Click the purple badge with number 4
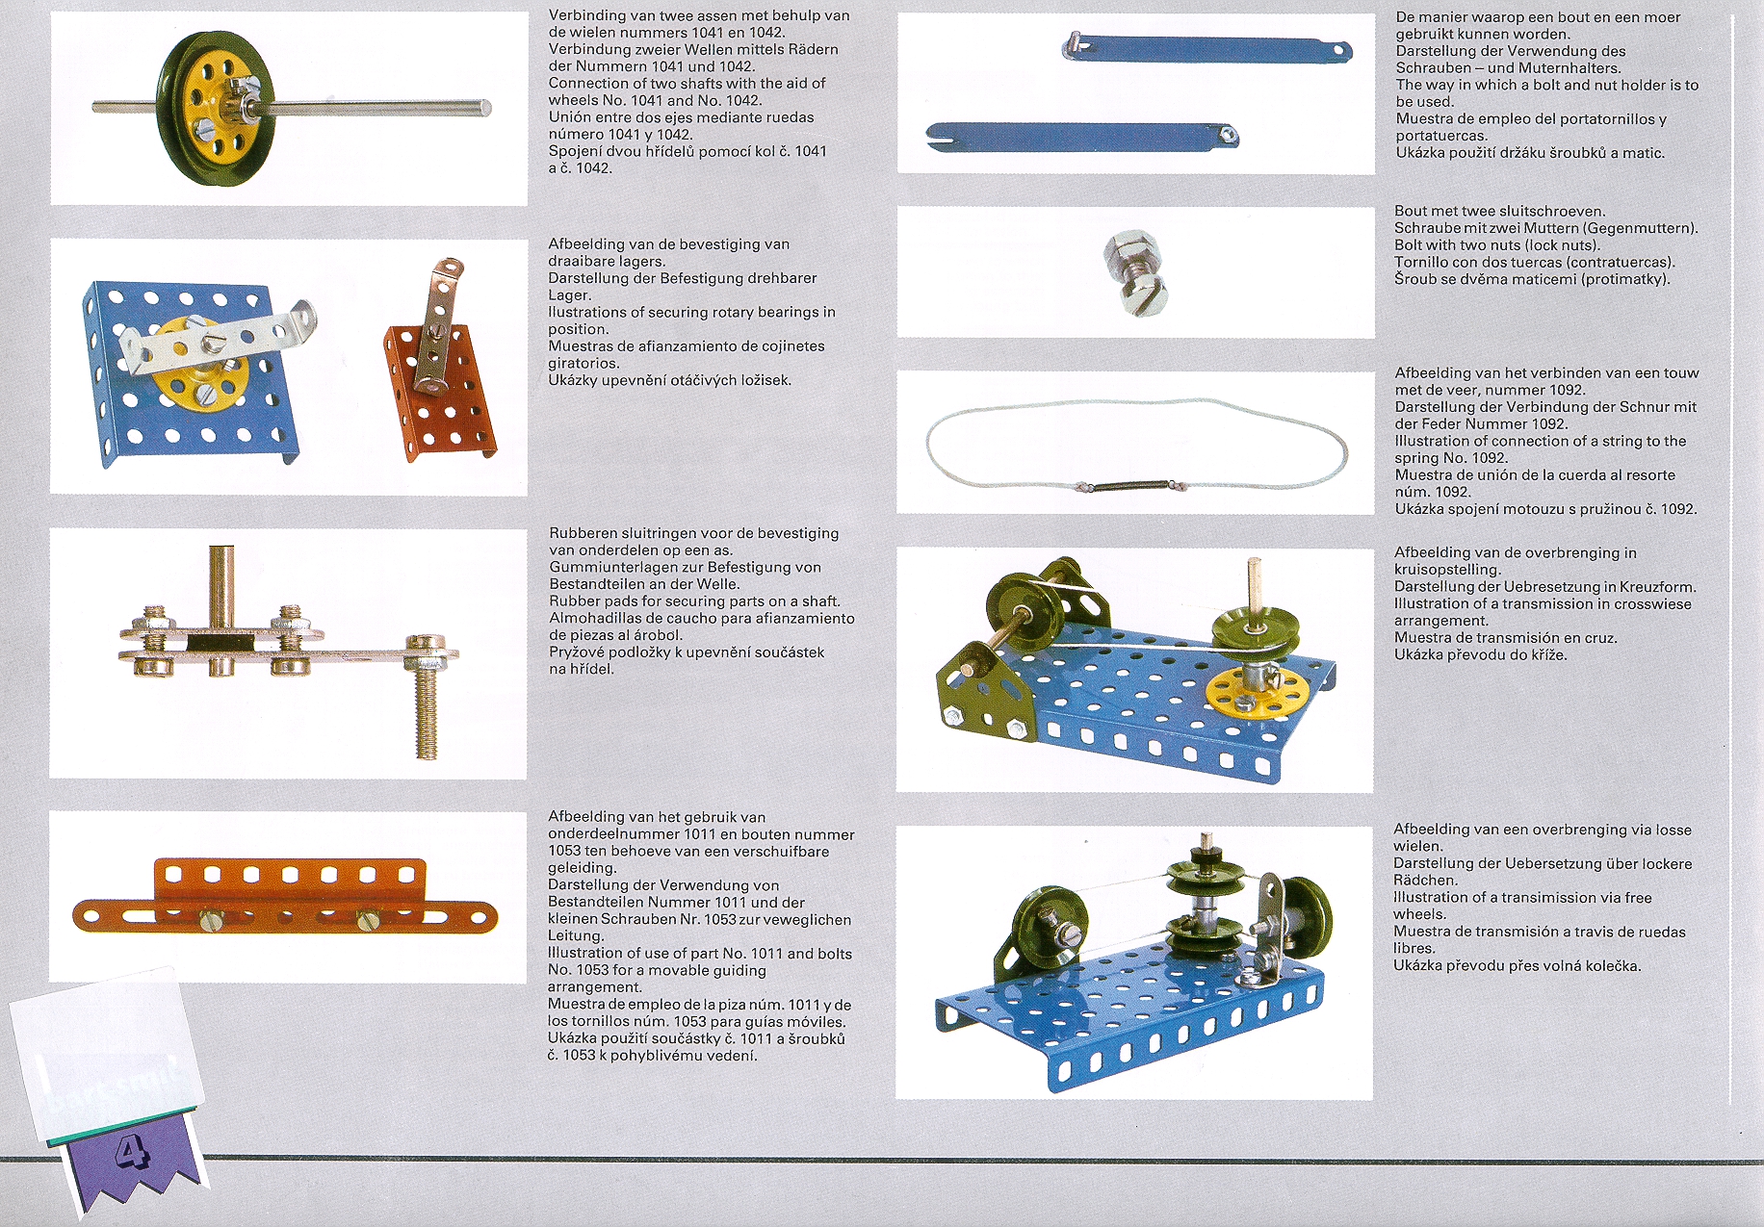(x=135, y=1160)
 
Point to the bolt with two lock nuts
(x=1137, y=273)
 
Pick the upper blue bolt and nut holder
(x=1207, y=48)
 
